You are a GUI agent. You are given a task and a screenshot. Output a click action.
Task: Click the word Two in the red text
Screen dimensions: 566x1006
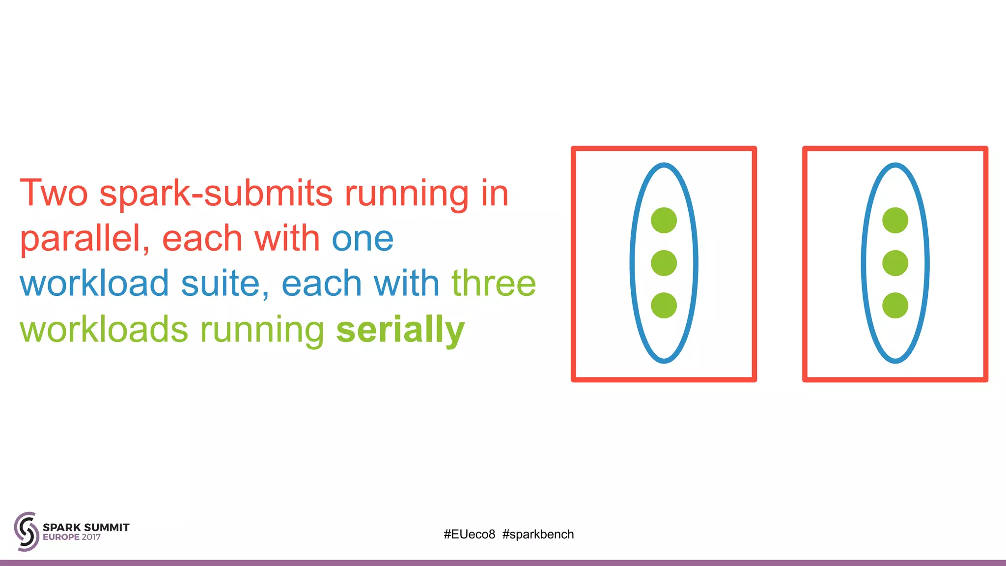[54, 193]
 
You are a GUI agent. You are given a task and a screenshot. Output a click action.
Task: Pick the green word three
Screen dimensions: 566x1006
[494, 284]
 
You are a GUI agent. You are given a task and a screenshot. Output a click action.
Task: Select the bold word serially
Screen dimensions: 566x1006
[400, 330]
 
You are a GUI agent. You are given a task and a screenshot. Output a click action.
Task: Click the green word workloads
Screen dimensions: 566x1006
[104, 330]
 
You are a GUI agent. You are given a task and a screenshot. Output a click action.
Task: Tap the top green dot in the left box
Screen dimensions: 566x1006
[664, 220]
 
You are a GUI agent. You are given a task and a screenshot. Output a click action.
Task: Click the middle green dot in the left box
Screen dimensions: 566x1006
[664, 263]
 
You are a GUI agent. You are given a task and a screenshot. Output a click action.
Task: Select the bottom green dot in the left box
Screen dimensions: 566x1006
[664, 305]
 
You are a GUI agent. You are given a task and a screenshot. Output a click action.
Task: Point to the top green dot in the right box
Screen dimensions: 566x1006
[895, 220]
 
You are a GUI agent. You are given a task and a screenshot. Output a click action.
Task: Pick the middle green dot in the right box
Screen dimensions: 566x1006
[895, 263]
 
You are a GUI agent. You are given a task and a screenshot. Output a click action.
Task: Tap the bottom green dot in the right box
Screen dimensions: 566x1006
[895, 305]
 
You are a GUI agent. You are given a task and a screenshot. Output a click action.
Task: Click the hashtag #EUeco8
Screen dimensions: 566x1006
[469, 535]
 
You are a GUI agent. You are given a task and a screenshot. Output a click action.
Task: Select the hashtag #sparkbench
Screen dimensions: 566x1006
[538, 535]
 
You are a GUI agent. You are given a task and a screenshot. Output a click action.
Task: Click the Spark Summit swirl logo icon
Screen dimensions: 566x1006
[27, 532]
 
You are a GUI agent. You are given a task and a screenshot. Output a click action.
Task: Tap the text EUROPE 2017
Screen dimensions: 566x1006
[72, 538]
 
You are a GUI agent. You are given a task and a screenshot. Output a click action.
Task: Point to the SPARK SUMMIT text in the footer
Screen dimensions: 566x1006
[86, 527]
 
